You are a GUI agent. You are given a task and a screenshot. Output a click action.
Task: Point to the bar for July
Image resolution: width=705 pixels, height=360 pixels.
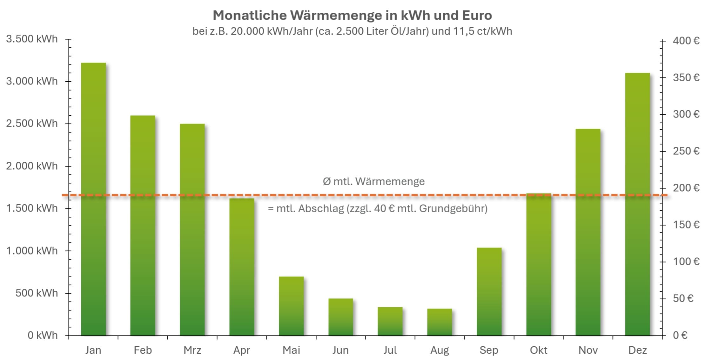pyautogui.click(x=390, y=321)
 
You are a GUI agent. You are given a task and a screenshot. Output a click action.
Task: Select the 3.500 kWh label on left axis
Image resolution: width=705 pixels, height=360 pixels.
pyautogui.click(x=32, y=39)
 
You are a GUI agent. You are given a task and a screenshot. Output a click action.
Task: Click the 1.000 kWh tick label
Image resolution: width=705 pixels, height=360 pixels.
pyautogui.click(x=32, y=251)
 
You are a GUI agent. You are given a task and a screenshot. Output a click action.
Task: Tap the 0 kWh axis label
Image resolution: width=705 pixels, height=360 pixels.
pyautogui.click(x=43, y=335)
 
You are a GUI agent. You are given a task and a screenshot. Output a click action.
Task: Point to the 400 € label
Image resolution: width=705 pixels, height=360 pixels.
pyautogui.click(x=686, y=41)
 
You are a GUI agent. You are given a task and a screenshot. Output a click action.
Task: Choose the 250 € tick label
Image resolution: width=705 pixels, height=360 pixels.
pyautogui.click(x=686, y=151)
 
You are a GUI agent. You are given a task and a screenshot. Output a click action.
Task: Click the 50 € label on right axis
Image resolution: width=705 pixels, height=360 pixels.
pyautogui.click(x=683, y=298)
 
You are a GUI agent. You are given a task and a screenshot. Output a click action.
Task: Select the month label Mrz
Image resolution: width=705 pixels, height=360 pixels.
pyautogui.click(x=192, y=350)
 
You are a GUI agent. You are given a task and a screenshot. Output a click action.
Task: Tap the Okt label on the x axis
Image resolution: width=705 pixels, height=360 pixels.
pyautogui.click(x=538, y=350)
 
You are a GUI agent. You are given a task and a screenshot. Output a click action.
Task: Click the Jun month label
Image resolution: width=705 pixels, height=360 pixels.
pyautogui.click(x=340, y=350)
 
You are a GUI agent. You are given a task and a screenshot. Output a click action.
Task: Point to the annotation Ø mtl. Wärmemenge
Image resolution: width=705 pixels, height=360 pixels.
pyautogui.click(x=373, y=181)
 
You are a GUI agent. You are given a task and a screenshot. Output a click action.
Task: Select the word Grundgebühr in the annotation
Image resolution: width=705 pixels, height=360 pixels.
pyautogui.click(x=453, y=209)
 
